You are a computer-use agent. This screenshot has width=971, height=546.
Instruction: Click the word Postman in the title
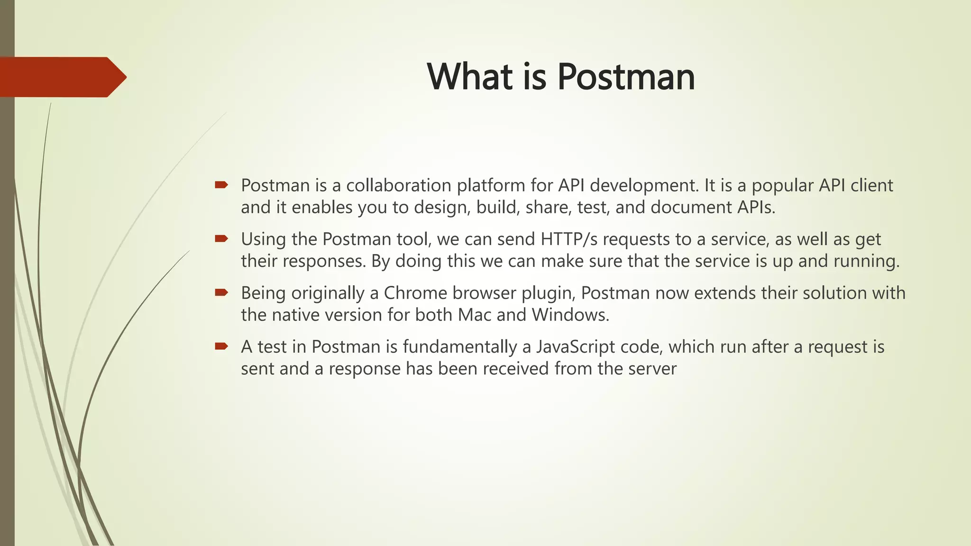(626, 77)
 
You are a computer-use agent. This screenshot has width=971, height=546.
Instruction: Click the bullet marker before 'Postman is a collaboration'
(221, 184)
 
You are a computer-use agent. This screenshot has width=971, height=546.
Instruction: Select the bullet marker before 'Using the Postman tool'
(221, 238)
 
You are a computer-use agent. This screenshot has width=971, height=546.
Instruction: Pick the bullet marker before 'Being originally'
(221, 292)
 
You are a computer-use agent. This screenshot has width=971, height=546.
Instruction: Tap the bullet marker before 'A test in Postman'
(221, 346)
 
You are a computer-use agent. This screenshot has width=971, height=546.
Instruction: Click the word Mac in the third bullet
(474, 315)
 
